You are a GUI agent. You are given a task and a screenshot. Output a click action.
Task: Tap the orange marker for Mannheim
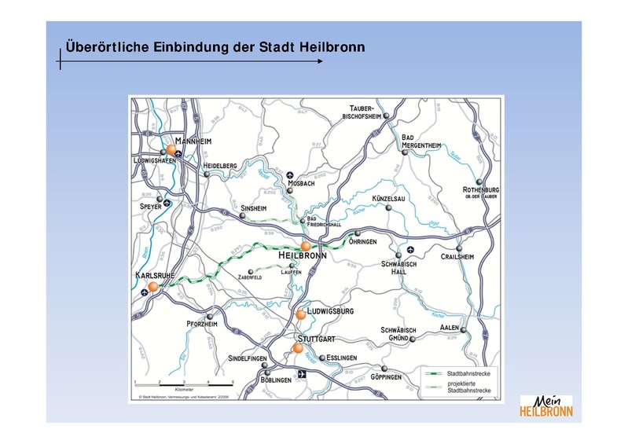(x=171, y=149)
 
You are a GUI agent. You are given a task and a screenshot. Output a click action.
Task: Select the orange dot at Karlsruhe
(x=153, y=287)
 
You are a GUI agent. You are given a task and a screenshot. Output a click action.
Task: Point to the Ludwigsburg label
(x=331, y=311)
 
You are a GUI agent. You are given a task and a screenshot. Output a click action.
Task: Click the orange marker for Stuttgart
(x=297, y=347)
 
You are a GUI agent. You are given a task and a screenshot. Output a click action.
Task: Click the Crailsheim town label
(x=457, y=256)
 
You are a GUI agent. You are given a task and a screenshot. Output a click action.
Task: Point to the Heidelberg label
(x=220, y=166)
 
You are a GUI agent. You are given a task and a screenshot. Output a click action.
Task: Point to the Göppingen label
(x=385, y=377)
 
